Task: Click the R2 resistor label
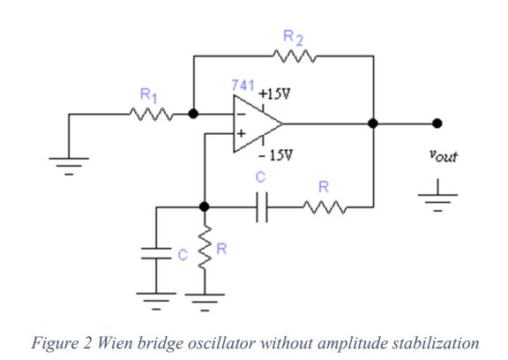tap(293, 38)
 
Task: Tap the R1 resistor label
tap(149, 95)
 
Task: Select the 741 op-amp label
tap(243, 86)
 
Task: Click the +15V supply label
tap(274, 94)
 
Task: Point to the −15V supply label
tap(276, 155)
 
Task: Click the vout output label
tap(444, 155)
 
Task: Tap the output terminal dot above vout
tap(437, 124)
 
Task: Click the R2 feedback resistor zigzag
tap(295, 56)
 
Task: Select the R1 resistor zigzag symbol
tap(151, 115)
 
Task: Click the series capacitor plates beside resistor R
tap(262, 207)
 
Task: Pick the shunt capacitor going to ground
tap(156, 253)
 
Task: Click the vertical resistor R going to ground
tap(205, 248)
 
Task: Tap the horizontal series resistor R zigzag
tap(325, 207)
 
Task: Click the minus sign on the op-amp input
tap(241, 114)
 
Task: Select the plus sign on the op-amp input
tap(241, 133)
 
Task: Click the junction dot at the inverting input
tap(193, 114)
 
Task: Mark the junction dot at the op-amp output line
tap(373, 124)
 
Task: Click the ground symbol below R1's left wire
tap(69, 166)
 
